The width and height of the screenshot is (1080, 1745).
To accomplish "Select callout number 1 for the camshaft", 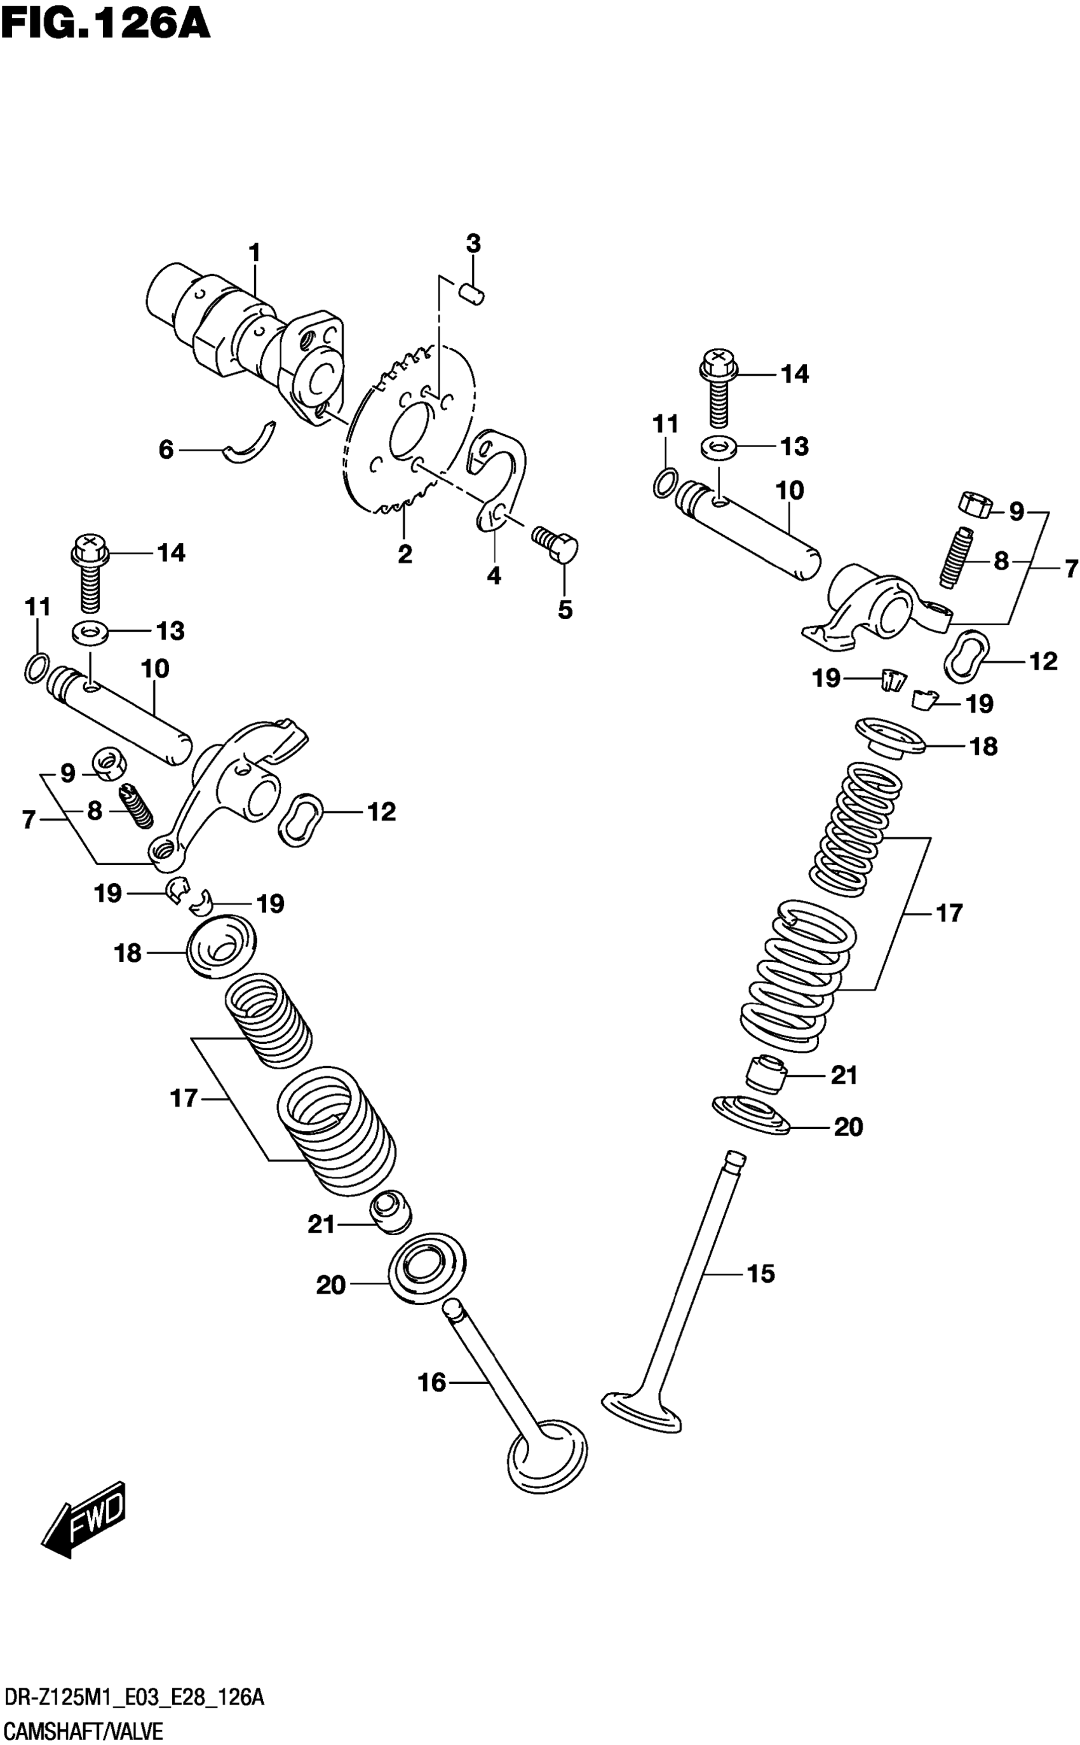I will (x=254, y=253).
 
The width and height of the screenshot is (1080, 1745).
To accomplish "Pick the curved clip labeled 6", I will (x=250, y=443).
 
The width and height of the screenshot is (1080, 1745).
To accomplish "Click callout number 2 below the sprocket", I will (x=405, y=554).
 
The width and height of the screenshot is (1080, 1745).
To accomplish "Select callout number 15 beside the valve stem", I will (x=760, y=1273).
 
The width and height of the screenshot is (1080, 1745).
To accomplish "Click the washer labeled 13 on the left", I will (x=90, y=633).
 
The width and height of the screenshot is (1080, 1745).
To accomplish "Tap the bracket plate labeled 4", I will (x=500, y=476).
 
